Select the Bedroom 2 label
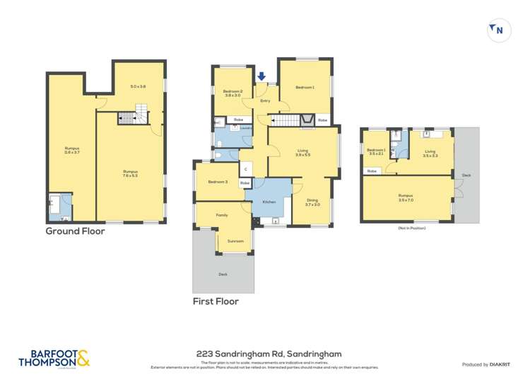click(233, 93)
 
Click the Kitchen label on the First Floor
click(269, 202)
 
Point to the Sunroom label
click(235, 241)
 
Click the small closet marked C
click(245, 168)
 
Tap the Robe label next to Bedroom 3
click(245, 183)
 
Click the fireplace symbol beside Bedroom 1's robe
click(307, 120)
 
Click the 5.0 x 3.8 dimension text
click(138, 86)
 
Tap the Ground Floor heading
click(75, 231)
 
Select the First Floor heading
click(216, 301)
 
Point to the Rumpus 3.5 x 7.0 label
click(405, 197)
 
